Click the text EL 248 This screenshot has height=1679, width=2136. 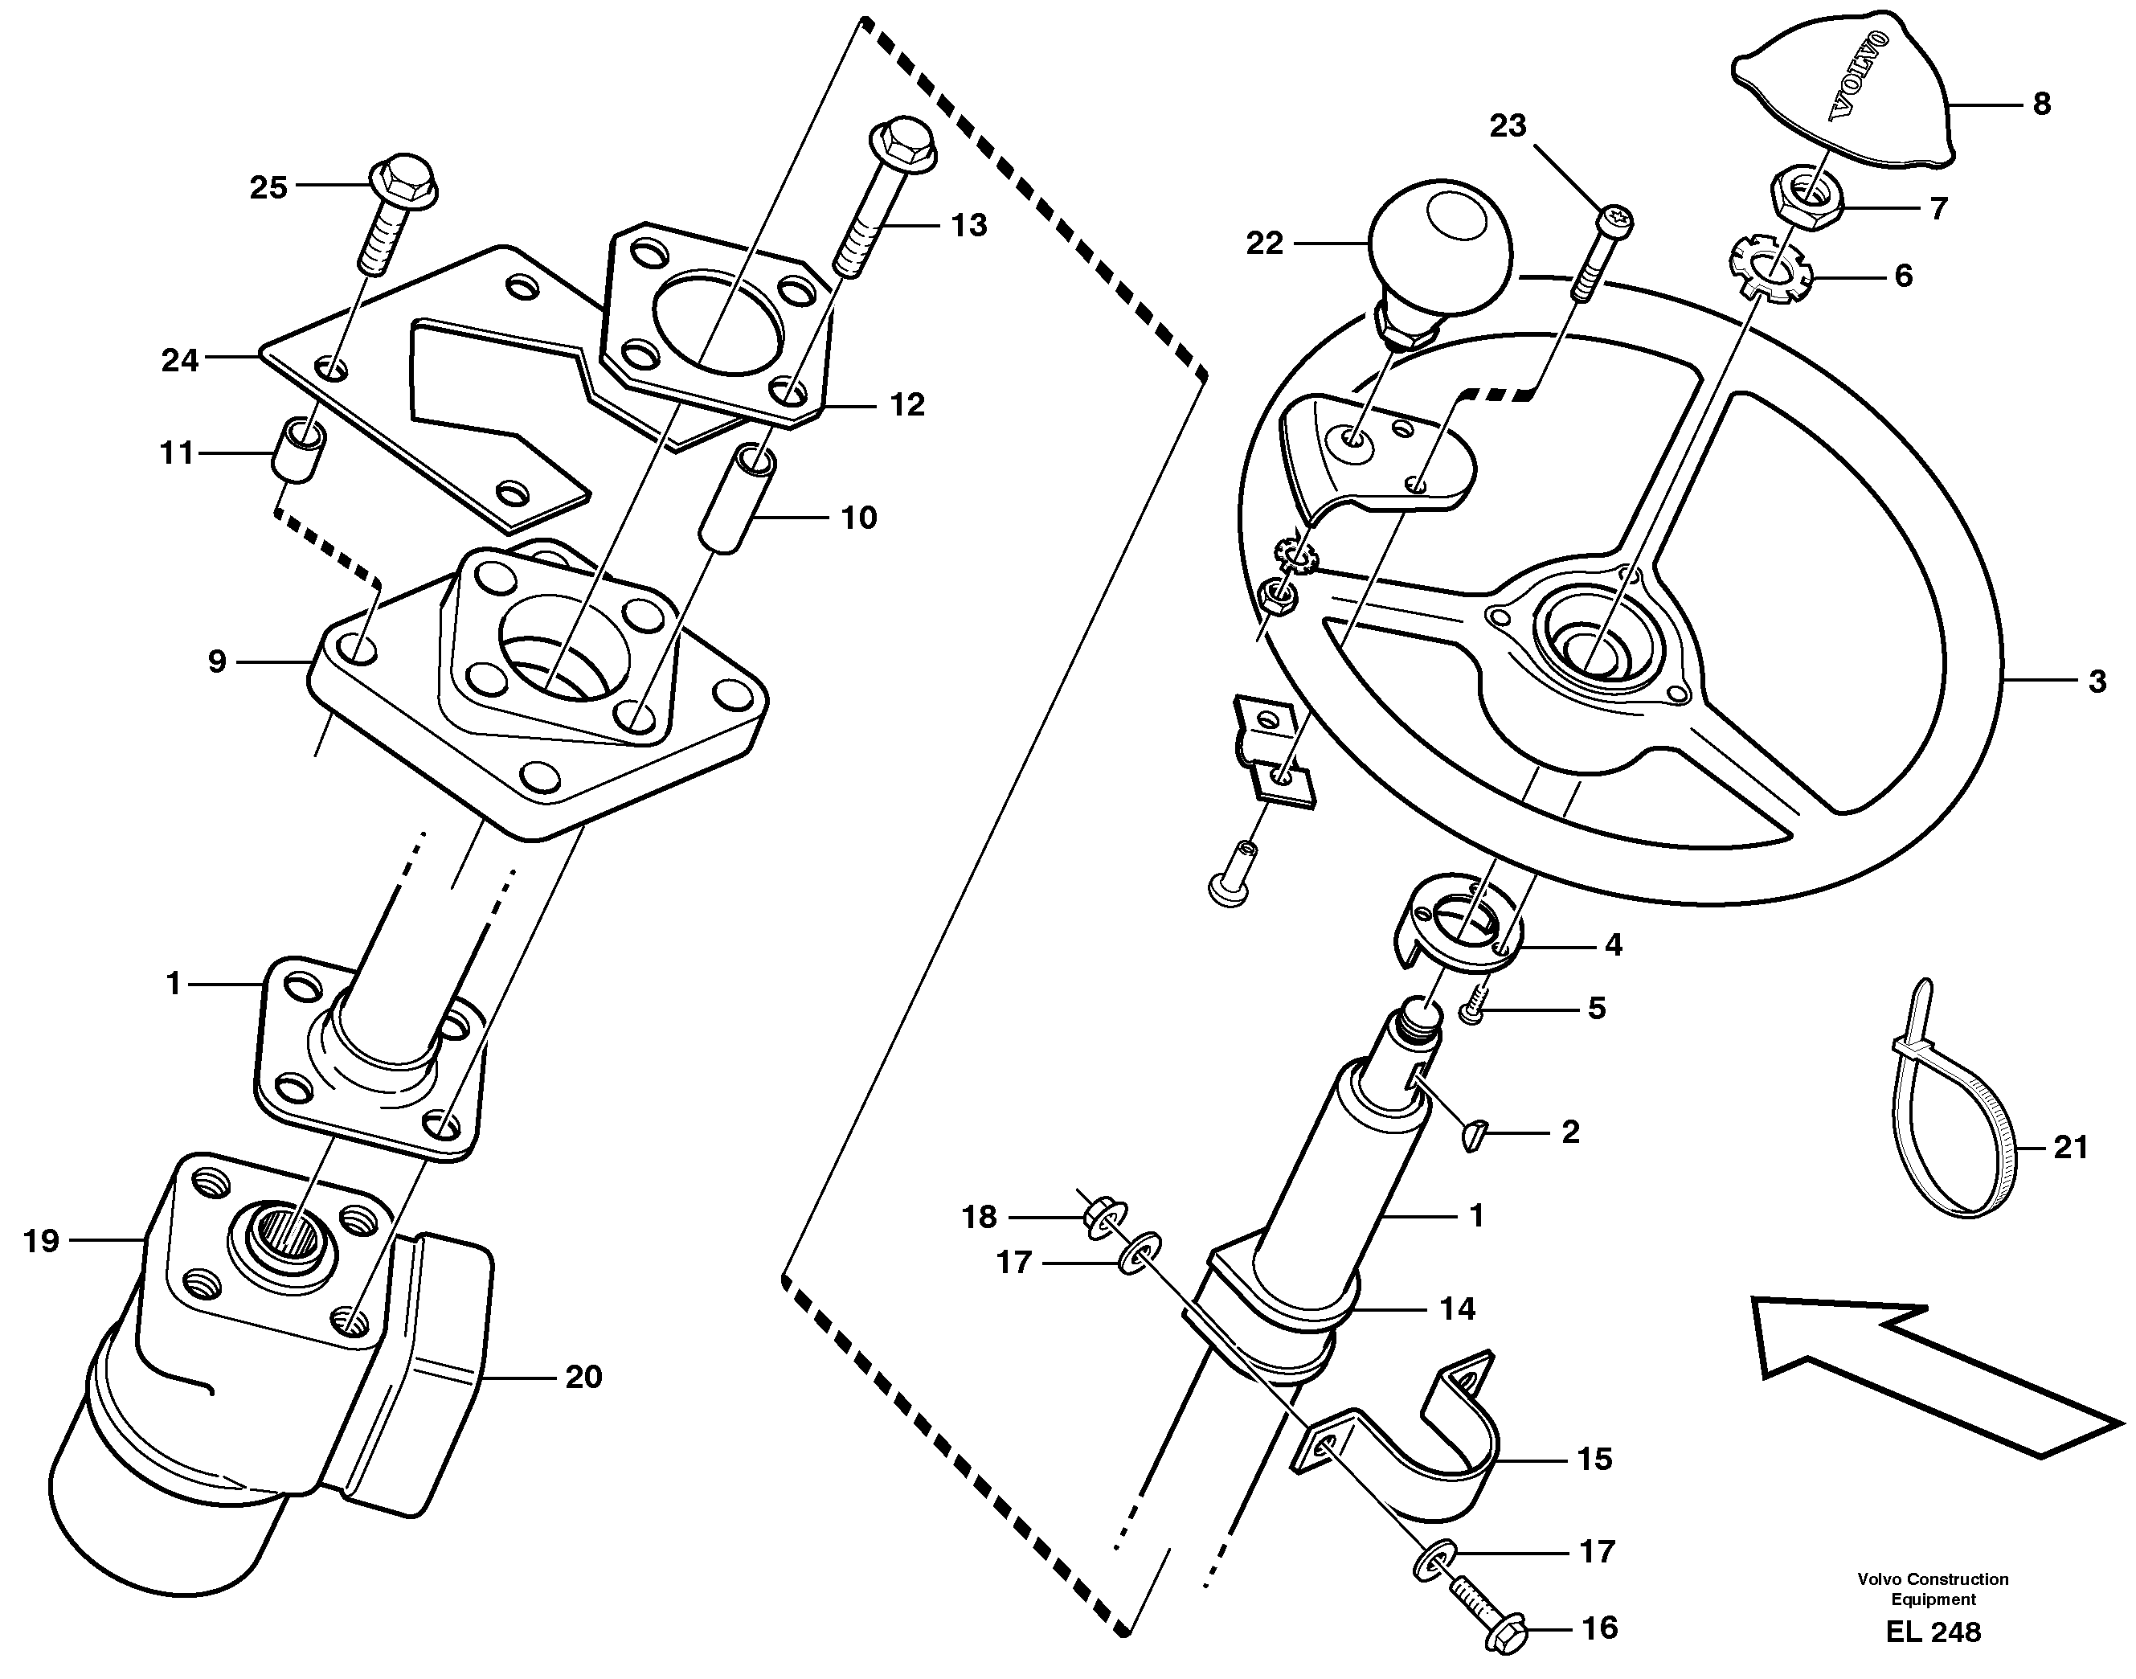1933,1633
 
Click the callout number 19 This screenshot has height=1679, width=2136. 41,1242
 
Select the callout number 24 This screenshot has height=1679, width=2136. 180,361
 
